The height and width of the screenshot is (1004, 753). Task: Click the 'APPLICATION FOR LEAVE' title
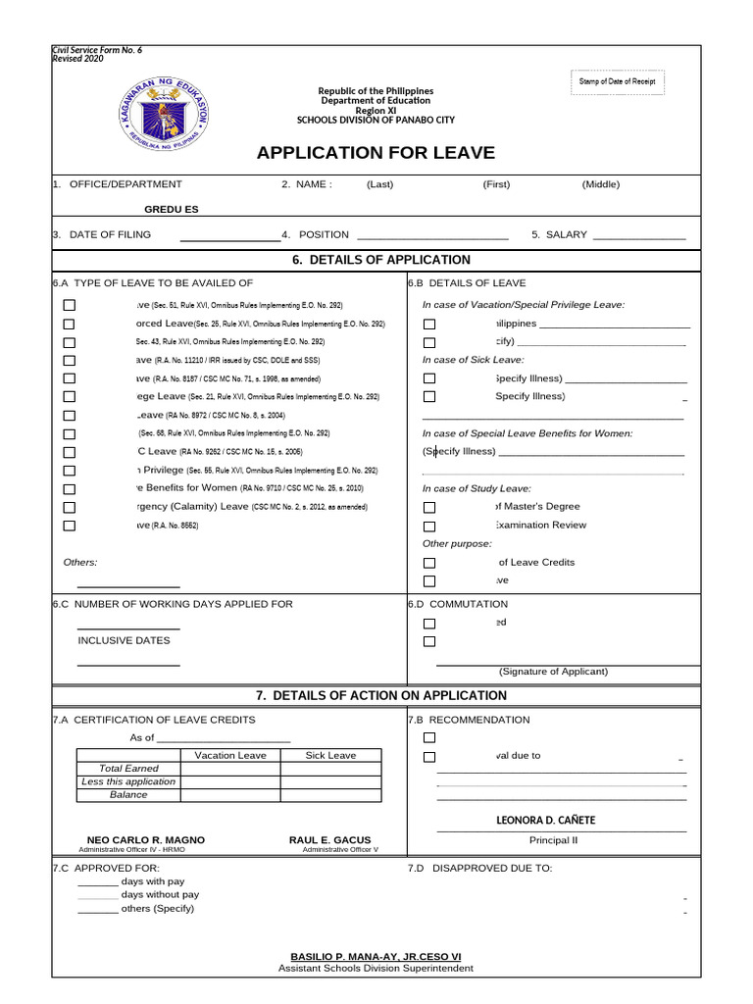(376, 153)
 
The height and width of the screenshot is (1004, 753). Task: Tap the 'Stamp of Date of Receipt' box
(616, 81)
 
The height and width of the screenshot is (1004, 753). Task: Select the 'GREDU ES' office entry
(172, 210)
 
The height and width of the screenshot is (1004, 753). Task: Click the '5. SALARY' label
(559, 235)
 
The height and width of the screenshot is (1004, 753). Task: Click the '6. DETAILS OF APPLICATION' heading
(381, 260)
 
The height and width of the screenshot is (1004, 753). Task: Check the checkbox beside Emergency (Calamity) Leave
(69, 507)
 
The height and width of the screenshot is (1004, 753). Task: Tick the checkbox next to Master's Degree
(429, 507)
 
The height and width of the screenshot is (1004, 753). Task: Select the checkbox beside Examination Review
(429, 526)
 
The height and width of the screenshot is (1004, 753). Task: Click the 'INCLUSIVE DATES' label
(124, 640)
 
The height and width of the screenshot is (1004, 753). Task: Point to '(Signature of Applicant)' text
(553, 672)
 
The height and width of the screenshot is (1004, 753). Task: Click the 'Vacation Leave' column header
(230, 756)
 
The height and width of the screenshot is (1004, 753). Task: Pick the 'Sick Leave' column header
(330, 756)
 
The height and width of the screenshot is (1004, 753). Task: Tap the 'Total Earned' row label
(128, 769)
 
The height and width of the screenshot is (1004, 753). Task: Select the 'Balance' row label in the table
(128, 795)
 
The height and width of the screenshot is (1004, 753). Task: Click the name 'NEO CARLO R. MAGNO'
(146, 841)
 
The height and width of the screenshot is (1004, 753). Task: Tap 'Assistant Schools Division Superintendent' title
(376, 969)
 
